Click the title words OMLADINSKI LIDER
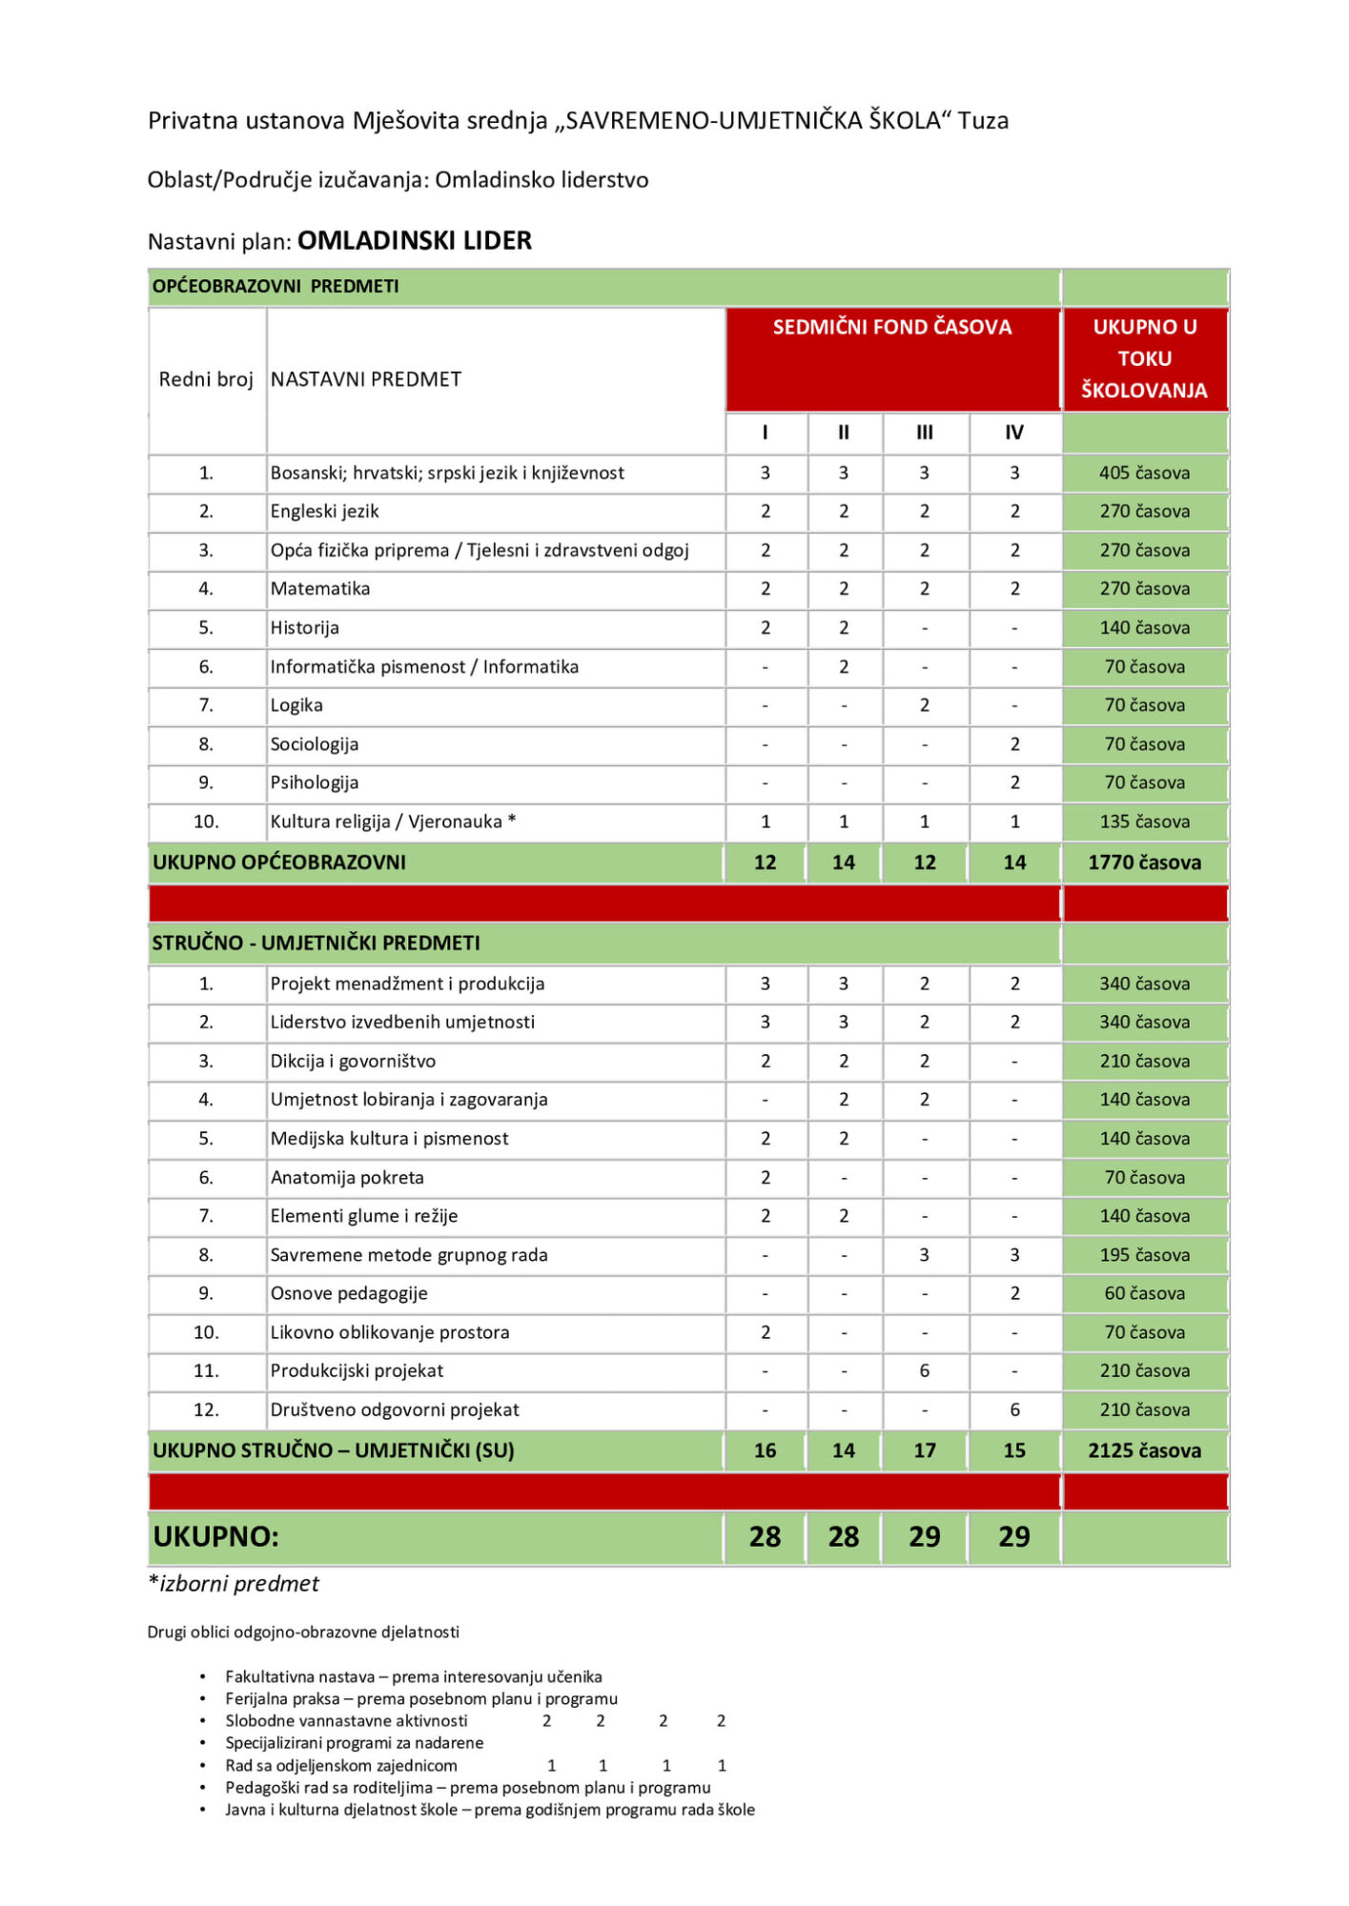[414, 240]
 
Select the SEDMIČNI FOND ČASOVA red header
[891, 327]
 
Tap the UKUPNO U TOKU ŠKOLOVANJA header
[1144, 358]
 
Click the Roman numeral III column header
[924, 433]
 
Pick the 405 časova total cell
[1144, 473]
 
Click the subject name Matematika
[319, 589]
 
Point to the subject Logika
[296, 705]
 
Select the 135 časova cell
[1144, 821]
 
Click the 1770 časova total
[1144, 862]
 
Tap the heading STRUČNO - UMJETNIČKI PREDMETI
[316, 943]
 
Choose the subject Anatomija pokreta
[347, 1177]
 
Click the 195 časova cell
[1144, 1255]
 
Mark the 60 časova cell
[1144, 1293]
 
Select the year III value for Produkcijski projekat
[924, 1370]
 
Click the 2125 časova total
[1144, 1450]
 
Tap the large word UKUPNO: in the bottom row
[215, 1536]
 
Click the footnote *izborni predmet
[234, 1583]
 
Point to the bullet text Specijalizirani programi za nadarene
[354, 1742]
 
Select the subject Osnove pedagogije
[349, 1293]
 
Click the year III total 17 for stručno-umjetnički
[924, 1450]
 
